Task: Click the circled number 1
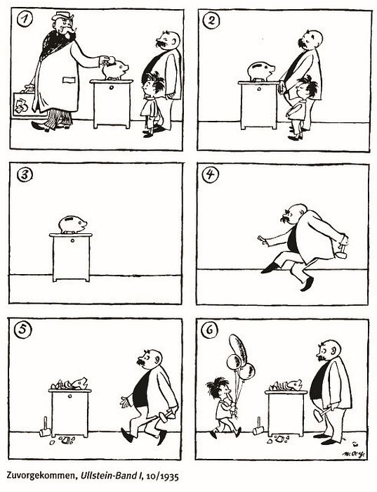(24, 20)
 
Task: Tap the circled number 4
(209, 174)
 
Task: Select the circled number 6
(209, 331)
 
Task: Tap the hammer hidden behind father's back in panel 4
(341, 252)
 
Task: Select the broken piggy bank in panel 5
(70, 384)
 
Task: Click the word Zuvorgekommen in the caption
(41, 476)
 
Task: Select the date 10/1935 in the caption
(161, 477)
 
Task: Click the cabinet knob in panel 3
(72, 241)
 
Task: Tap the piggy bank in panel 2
(260, 72)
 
